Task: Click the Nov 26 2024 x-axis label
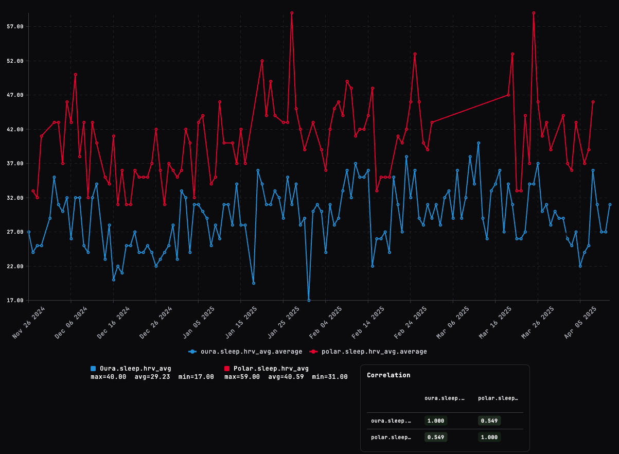29,322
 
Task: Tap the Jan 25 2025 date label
284,322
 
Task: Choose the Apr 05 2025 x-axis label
581,322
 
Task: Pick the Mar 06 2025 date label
453,322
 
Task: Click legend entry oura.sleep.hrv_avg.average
245,352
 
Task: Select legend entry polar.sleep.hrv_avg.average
368,352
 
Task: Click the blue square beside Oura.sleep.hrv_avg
93,369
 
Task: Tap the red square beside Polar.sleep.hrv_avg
227,369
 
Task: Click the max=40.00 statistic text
108,377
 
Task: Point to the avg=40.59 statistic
286,377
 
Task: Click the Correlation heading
388,375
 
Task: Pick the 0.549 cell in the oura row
489,421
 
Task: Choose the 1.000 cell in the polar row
489,437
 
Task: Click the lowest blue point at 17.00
309,300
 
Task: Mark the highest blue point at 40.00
479,143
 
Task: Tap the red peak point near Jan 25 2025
292,13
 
